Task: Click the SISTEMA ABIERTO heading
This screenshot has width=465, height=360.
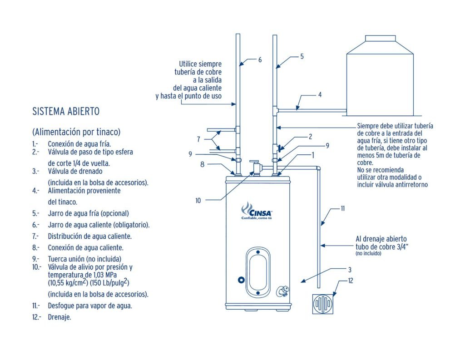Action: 66,111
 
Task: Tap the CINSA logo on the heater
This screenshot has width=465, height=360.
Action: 257,211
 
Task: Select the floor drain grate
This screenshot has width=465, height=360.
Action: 324,303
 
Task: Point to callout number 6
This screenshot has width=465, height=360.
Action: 260,59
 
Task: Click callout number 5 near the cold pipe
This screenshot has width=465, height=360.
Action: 302,57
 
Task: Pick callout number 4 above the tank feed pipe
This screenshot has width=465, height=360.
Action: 320,95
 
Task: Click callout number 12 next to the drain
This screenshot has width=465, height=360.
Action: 350,280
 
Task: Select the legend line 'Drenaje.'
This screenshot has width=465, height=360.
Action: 59,317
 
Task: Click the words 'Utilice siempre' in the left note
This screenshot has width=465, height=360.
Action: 200,64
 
